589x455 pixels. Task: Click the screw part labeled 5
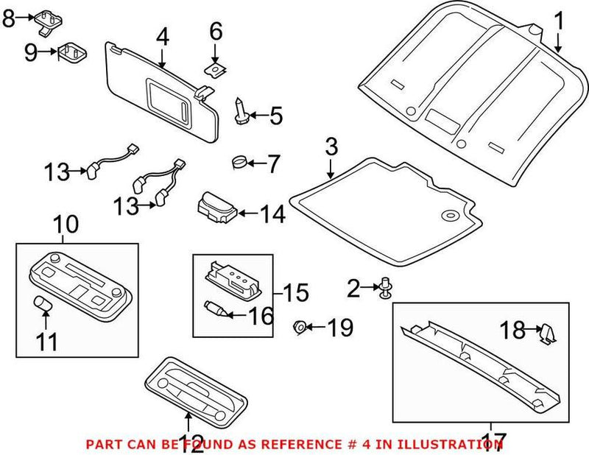[241, 110]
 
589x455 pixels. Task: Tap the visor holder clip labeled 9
[71, 53]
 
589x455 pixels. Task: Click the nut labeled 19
[300, 326]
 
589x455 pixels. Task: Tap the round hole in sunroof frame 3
[447, 216]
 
